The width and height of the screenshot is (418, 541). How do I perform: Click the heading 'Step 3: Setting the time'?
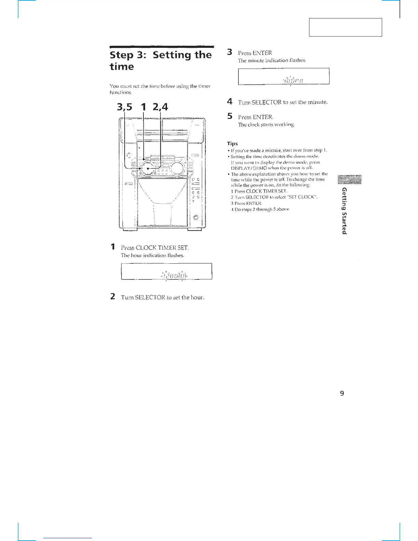[x=161, y=60]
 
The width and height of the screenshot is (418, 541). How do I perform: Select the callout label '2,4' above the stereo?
[x=160, y=107]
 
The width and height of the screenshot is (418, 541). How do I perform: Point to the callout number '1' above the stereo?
[x=143, y=107]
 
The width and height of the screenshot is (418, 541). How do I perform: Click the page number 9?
[x=342, y=393]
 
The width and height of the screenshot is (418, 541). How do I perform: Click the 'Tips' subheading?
[x=233, y=143]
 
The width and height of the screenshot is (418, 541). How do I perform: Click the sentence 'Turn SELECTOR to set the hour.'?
[x=163, y=297]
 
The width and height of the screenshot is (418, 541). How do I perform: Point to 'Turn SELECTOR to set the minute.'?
[x=283, y=102]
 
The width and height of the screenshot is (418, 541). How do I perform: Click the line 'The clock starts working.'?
[x=266, y=125]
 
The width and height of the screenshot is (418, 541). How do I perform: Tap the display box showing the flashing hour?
[x=167, y=272]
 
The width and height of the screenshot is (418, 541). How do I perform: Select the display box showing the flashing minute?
[x=283, y=76]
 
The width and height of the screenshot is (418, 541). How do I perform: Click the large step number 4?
[x=230, y=101]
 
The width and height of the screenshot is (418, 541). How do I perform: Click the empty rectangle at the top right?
[x=345, y=27]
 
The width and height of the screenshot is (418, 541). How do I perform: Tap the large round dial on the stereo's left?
[x=148, y=168]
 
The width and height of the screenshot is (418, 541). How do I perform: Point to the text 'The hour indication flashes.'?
[x=153, y=255]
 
